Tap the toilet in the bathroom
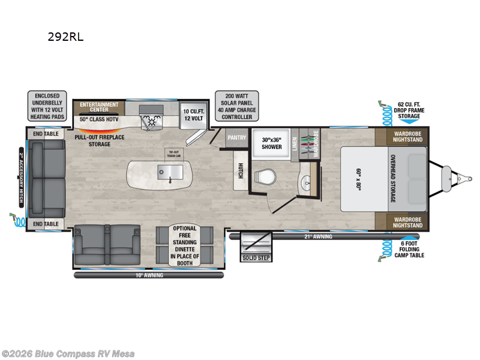[265, 176]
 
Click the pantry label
[236, 138]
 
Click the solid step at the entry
[256, 257]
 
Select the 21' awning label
[318, 236]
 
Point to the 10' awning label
[148, 275]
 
